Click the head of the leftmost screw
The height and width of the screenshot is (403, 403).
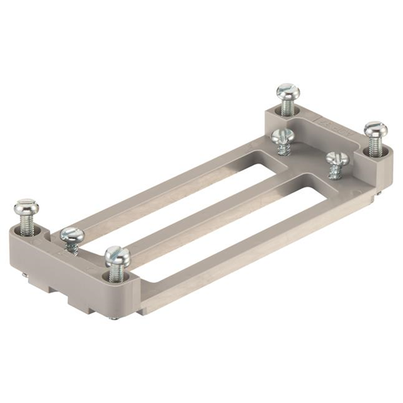point(26,207)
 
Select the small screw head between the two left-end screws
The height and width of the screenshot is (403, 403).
point(72,236)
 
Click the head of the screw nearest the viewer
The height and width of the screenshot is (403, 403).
point(118,255)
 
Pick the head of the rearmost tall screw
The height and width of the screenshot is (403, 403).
point(288,91)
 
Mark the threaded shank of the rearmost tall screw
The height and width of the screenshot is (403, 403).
point(287,108)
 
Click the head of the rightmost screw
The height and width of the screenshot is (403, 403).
point(375,130)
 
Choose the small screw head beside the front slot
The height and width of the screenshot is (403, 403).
point(337,157)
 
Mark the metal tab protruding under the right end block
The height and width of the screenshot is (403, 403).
point(377,196)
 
